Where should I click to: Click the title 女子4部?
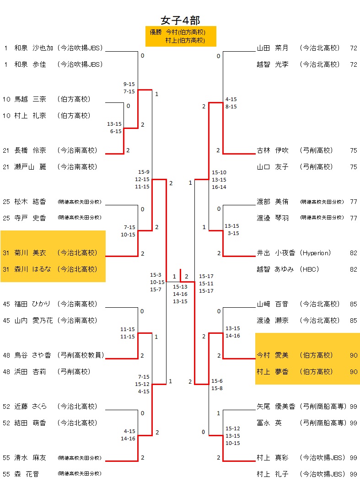180,20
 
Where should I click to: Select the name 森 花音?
27,474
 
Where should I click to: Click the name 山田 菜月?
273,48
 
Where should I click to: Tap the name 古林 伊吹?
273,150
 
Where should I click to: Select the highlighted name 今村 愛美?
273,355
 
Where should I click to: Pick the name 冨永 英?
269,423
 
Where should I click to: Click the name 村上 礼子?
273,474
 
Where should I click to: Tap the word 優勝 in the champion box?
156,32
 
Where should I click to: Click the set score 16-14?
219,187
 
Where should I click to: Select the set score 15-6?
217,381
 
